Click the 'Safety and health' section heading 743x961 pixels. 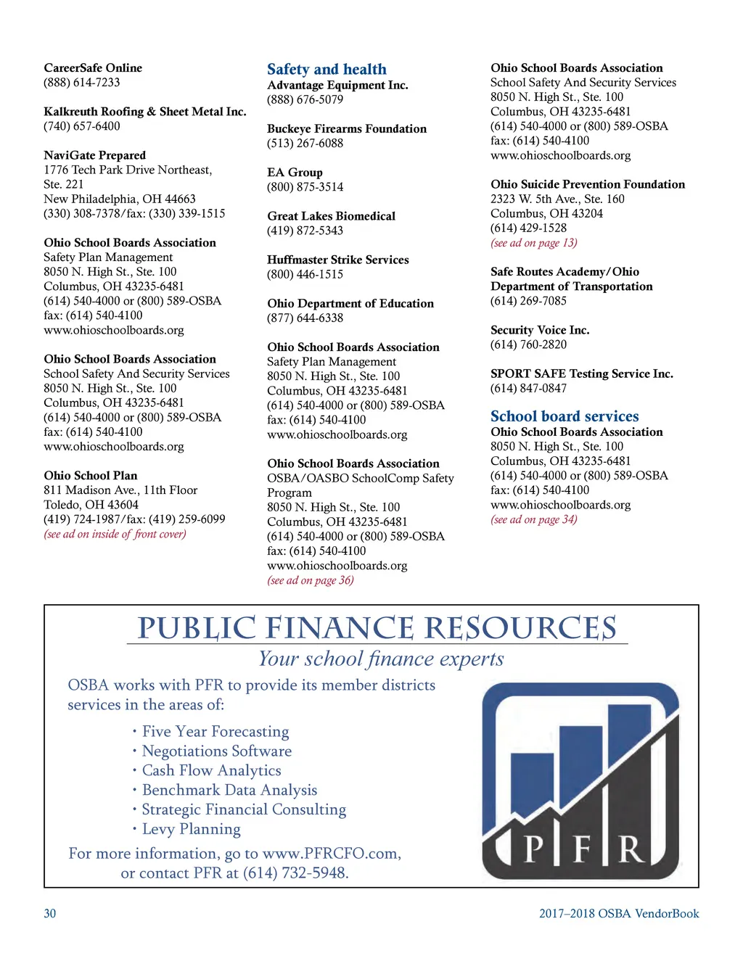coord(327,70)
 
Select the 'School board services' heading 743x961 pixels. coord(565,416)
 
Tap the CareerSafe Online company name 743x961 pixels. coord(93,68)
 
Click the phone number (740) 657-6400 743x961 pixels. coord(82,126)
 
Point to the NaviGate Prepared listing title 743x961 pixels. coord(94,155)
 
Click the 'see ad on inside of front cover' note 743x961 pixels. coord(115,535)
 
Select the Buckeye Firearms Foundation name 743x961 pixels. coord(347,129)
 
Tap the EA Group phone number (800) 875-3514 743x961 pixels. coord(305,187)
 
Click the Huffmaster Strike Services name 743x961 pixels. coord(338,260)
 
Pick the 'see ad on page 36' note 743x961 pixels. coord(311,580)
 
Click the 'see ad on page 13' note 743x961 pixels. coord(534,243)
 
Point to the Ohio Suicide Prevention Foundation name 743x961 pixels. coord(588,184)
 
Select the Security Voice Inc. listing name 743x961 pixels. coord(540,330)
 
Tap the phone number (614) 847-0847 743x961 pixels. coord(529,388)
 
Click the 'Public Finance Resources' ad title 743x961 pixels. coord(377,628)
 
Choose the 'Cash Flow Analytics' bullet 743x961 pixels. coord(211,770)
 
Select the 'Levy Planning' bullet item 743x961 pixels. coord(191,829)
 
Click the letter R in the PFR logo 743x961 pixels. coord(631,849)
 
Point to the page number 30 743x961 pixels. coord(50,914)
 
